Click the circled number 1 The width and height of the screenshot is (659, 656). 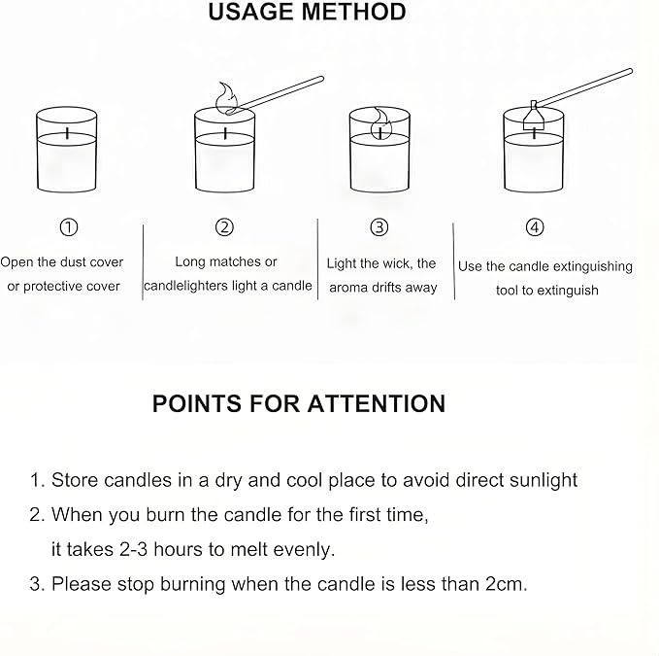[69, 227]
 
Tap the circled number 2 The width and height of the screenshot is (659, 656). [224, 227]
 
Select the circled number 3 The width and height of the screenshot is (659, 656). [379, 227]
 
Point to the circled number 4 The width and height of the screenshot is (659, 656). [535, 227]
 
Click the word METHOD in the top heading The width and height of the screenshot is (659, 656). [354, 12]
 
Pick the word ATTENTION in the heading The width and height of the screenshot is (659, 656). [377, 403]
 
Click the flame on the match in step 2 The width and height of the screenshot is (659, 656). [227, 97]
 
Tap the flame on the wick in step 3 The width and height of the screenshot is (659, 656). [381, 123]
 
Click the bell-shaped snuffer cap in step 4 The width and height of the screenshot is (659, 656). [534, 116]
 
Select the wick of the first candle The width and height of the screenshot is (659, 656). [67, 133]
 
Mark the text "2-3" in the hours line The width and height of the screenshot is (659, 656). [134, 549]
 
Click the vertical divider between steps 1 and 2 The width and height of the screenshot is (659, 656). [143, 262]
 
